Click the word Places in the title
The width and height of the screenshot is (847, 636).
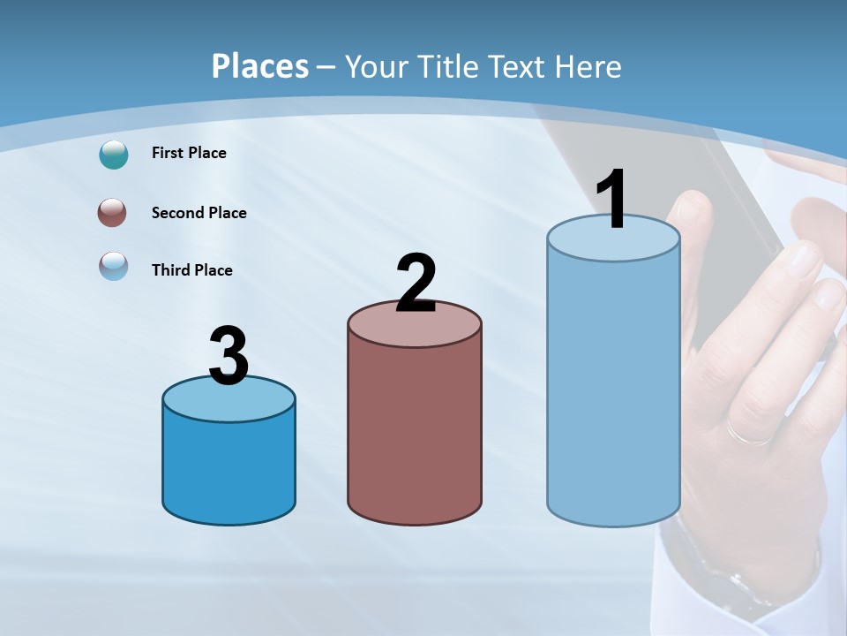[260, 66]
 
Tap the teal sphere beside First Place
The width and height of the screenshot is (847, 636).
[114, 155]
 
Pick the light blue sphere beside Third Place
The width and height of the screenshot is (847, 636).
[114, 266]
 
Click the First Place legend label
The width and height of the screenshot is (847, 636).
[189, 153]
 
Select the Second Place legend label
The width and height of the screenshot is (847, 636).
[199, 213]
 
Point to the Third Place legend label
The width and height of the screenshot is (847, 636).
[191, 270]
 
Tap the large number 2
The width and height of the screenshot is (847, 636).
[416, 283]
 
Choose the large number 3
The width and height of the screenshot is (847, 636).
[229, 356]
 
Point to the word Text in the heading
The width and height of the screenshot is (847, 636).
[519, 66]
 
